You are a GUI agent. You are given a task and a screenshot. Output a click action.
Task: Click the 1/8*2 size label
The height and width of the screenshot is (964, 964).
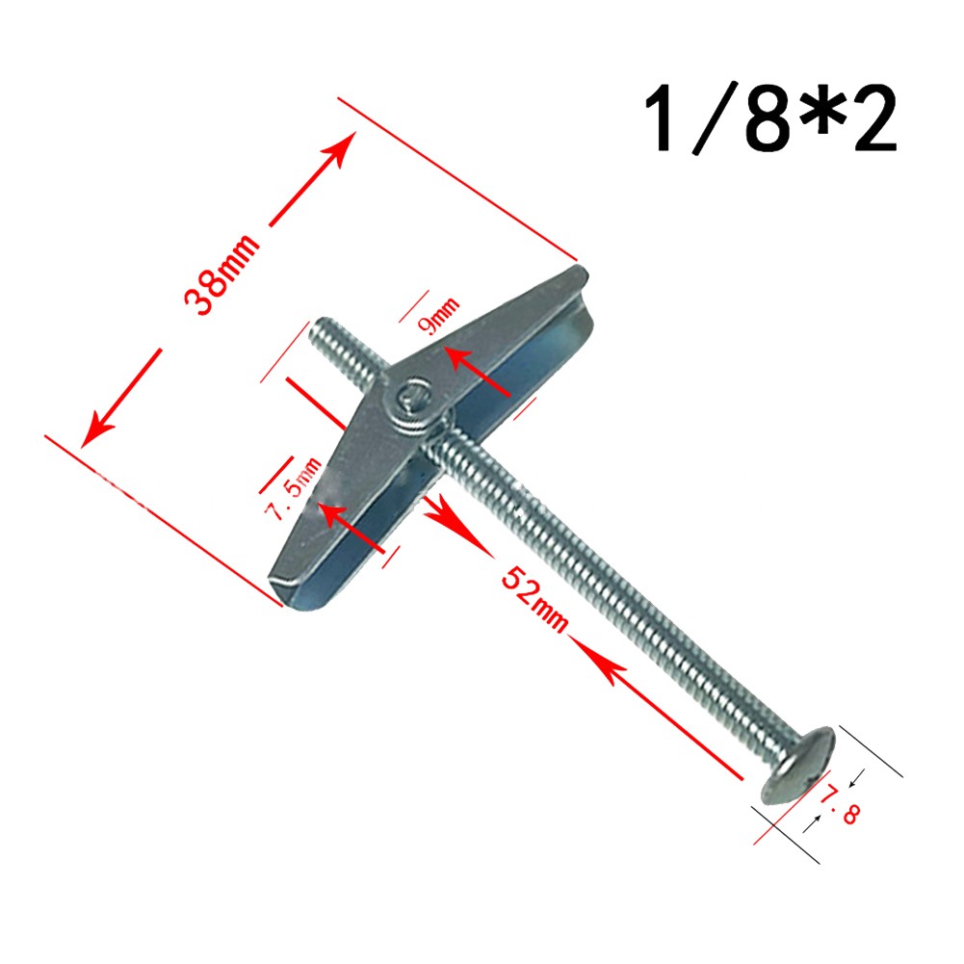point(770,121)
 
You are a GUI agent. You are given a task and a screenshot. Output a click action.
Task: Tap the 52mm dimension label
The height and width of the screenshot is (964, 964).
point(535,603)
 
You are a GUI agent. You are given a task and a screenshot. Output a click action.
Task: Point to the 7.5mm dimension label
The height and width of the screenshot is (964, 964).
point(294,490)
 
